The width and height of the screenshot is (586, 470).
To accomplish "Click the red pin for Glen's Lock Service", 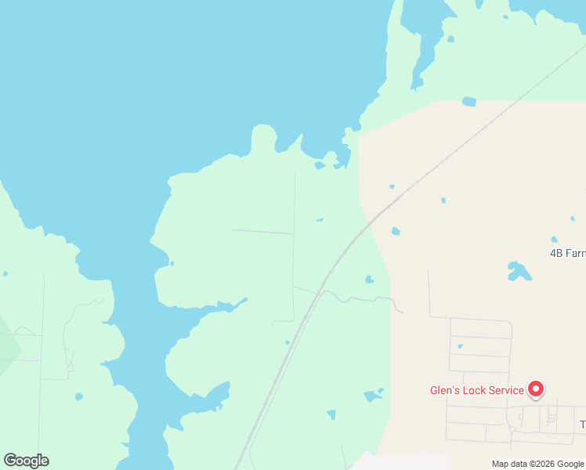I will tap(536, 388).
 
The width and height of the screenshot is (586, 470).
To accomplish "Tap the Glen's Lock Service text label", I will tap(476, 390).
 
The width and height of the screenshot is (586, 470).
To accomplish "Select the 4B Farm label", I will tap(568, 253).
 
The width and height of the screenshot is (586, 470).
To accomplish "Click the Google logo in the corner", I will tap(26, 461).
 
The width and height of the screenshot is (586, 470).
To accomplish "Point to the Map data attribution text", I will tap(538, 464).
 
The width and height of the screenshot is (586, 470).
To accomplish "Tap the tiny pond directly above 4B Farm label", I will tap(554, 240).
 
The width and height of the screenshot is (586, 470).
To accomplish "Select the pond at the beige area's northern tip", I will tap(469, 102).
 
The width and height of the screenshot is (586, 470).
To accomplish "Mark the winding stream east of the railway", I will tap(360, 298).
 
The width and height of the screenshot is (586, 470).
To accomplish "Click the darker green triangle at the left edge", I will tap(8, 345).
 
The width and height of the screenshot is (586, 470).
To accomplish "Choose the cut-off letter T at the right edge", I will tap(582, 425).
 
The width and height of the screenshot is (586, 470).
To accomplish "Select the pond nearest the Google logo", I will tap(78, 396).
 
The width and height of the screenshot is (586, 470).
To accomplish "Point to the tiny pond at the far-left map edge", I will tap(5, 273).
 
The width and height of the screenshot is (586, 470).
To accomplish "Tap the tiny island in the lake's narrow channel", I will tap(172, 263).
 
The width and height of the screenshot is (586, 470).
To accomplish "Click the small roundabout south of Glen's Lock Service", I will tap(511, 429).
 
